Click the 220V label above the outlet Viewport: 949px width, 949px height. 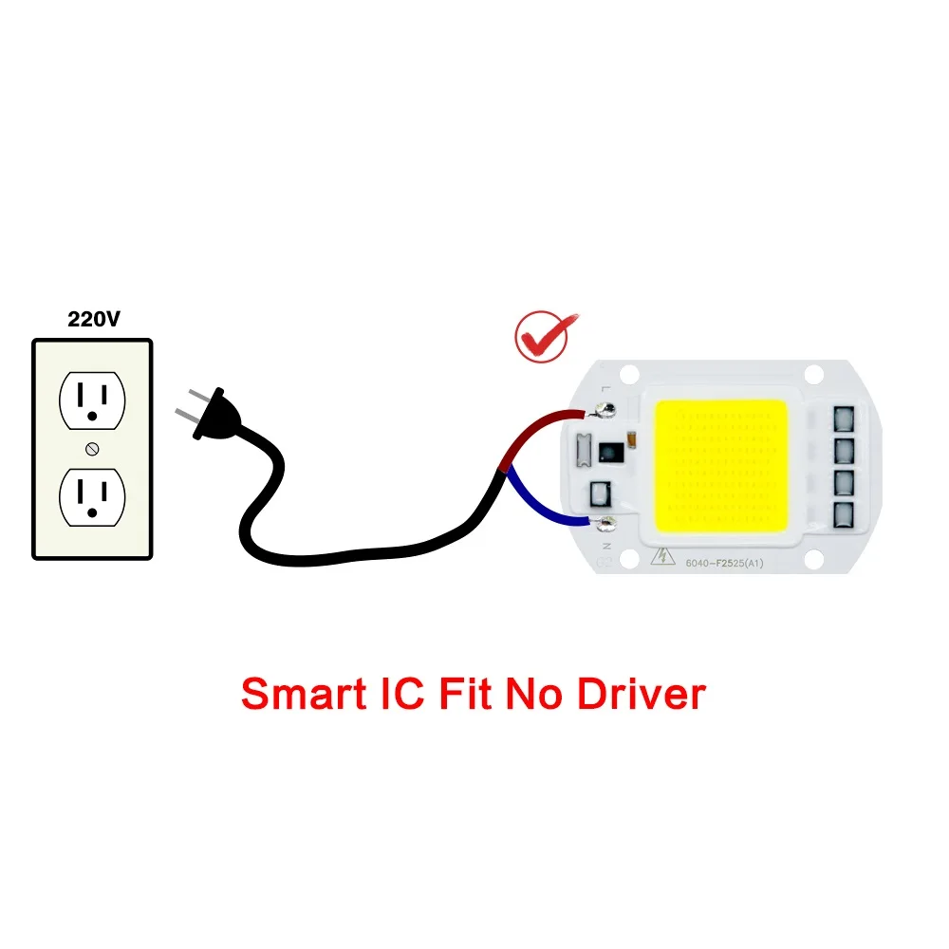click(x=93, y=320)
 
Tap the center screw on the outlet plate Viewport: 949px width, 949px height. click(x=92, y=448)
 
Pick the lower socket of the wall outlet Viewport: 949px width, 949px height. click(x=92, y=496)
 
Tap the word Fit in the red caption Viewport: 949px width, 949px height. click(x=466, y=694)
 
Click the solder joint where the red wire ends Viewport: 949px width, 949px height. click(x=602, y=411)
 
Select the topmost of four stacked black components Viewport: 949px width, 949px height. click(x=844, y=418)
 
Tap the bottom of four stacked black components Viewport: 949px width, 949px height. click(x=844, y=514)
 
